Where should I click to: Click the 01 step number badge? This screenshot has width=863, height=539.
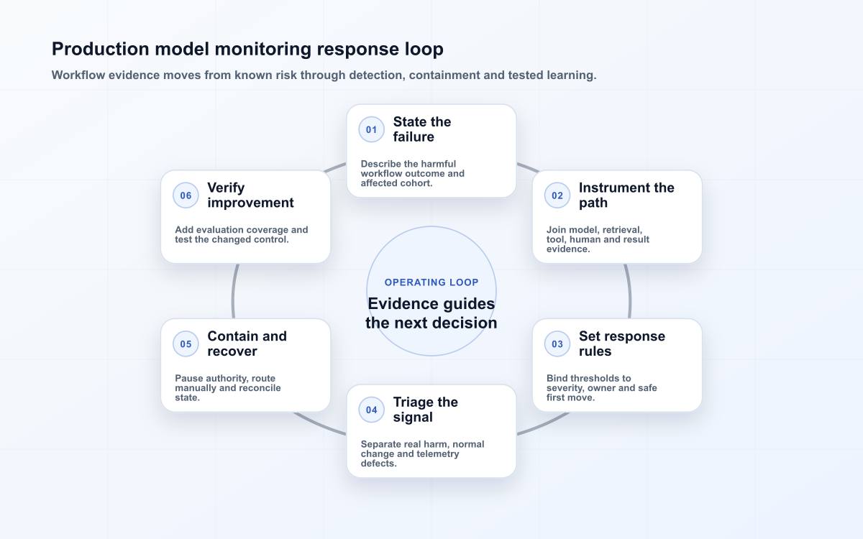pos(371,129)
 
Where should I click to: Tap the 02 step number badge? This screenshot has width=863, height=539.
pos(557,195)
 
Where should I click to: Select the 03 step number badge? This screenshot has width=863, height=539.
pos(557,344)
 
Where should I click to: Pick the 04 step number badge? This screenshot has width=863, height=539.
pos(371,410)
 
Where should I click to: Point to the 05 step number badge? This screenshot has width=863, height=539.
pos(186,344)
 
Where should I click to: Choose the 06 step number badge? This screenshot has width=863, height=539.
pos(186,195)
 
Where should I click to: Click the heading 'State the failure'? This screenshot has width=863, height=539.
pos(422,129)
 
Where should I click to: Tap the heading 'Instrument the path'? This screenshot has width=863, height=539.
pos(626,195)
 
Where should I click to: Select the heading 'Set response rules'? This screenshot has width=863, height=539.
pos(622,344)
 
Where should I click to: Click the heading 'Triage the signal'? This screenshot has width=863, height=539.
pos(425,410)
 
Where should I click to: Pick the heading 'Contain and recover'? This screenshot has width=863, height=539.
pos(247,344)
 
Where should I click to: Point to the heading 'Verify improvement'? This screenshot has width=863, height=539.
pos(250,195)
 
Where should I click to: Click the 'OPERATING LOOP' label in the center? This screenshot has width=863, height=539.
pos(431,282)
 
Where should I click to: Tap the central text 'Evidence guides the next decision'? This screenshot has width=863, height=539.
pos(431,313)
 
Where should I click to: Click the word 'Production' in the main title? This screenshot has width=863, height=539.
pos(100,49)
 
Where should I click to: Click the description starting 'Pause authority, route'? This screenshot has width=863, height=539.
pos(228,387)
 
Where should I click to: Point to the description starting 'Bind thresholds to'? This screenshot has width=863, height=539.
pos(601,387)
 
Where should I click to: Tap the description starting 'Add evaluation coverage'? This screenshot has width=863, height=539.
pos(241,234)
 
